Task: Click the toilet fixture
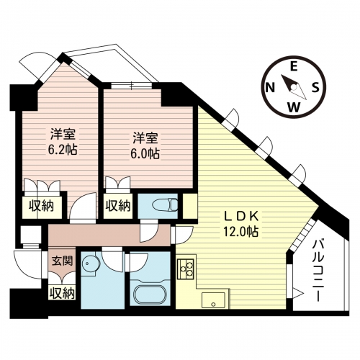165,205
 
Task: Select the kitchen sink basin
213,300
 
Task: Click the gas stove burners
186,269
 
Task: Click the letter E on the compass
294,66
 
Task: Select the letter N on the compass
271,87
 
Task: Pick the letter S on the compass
315,87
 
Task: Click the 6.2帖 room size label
63,150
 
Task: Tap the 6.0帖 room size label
145,153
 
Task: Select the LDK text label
241,216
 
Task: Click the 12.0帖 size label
241,232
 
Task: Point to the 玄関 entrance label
63,261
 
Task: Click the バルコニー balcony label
318,271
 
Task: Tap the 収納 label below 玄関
62,293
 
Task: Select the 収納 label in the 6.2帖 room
41,206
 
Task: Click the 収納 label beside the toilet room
118,206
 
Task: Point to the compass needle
294,87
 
